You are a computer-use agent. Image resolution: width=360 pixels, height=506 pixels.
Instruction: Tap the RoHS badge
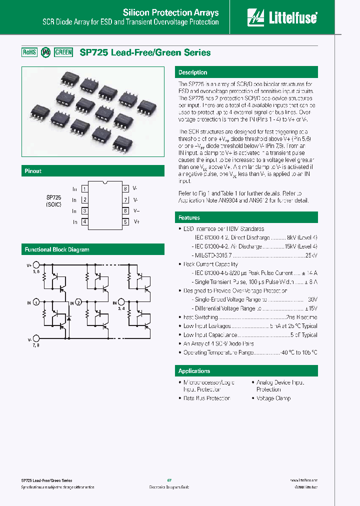point(29,52)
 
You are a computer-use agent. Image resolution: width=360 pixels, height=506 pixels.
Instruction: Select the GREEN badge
point(63,52)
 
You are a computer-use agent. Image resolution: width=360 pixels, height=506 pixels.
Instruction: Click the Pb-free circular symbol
point(45,52)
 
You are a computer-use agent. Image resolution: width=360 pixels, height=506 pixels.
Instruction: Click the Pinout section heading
point(33,171)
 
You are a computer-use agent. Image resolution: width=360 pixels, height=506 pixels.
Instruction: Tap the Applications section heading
point(194,371)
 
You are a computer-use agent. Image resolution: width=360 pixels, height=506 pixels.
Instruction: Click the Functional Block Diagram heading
point(57,249)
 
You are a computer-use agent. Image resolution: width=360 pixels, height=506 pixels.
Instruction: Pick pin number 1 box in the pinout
point(85,189)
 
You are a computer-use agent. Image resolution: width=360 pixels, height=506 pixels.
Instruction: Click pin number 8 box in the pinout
point(125,189)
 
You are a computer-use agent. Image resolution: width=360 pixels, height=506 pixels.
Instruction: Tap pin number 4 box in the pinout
point(85,221)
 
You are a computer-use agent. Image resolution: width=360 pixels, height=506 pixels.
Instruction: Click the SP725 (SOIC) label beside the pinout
point(53,201)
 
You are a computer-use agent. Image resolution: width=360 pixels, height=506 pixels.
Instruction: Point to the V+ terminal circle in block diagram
point(35,266)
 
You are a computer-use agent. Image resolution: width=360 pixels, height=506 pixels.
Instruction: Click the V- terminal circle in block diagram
point(35,339)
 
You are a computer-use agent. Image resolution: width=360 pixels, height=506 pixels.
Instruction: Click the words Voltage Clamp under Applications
point(273,398)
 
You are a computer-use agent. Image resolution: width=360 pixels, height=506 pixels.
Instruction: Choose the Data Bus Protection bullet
point(206,398)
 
